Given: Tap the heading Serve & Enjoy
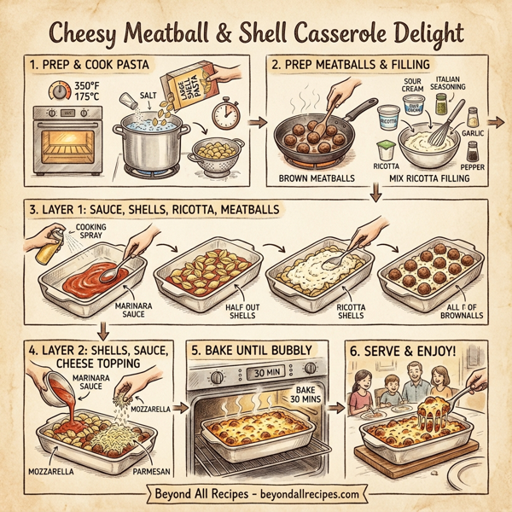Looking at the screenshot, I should pyautogui.click(x=413, y=350).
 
